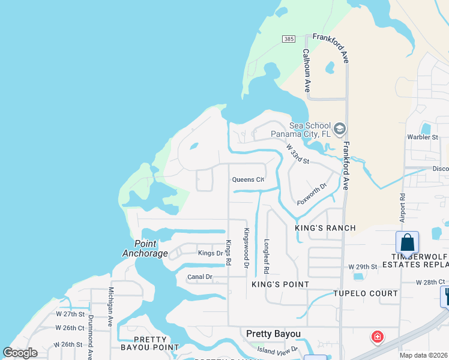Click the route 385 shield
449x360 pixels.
[x=289, y=38]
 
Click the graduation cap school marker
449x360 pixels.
[x=340, y=129]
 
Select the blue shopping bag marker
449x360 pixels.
[x=407, y=244]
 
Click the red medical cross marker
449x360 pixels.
[x=378, y=337]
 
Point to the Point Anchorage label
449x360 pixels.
[x=145, y=248]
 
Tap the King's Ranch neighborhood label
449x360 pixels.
[x=325, y=228]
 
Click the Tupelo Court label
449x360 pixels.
[x=366, y=293]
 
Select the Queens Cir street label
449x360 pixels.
[x=248, y=179]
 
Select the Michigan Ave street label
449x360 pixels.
[x=111, y=307]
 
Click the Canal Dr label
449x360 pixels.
[x=200, y=277]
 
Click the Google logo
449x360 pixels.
[x=20, y=353]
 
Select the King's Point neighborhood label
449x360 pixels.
[x=280, y=284]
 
